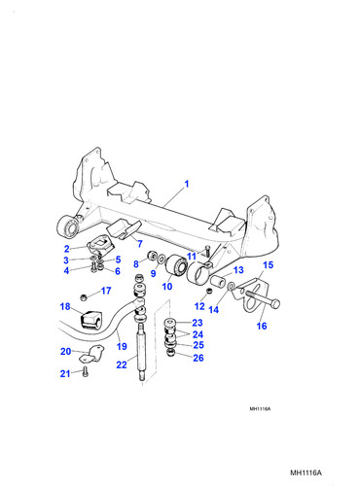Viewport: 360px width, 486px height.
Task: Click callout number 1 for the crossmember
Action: coord(187,184)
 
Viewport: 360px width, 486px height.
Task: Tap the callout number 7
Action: coord(140,244)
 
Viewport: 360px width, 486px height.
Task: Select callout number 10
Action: coord(167,287)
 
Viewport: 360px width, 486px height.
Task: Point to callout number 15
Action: coord(268,265)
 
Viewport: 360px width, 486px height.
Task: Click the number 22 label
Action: coord(122,364)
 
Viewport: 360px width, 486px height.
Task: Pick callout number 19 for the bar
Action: coord(122,346)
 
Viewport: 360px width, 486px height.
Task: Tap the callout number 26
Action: coord(198,358)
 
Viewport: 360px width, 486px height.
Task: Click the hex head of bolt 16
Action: coord(275,304)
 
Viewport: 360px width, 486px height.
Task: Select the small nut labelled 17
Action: coord(84,296)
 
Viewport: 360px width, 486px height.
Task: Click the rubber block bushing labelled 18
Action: coord(90,319)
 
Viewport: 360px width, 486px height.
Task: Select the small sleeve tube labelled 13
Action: coord(218,281)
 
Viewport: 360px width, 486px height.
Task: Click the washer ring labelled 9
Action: coord(161,260)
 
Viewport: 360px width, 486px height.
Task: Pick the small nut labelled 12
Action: coord(209,291)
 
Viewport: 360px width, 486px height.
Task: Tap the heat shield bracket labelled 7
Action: coord(124,229)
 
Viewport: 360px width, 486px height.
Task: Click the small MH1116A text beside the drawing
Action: coord(260,409)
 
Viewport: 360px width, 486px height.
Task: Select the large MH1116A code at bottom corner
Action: coord(306,472)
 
